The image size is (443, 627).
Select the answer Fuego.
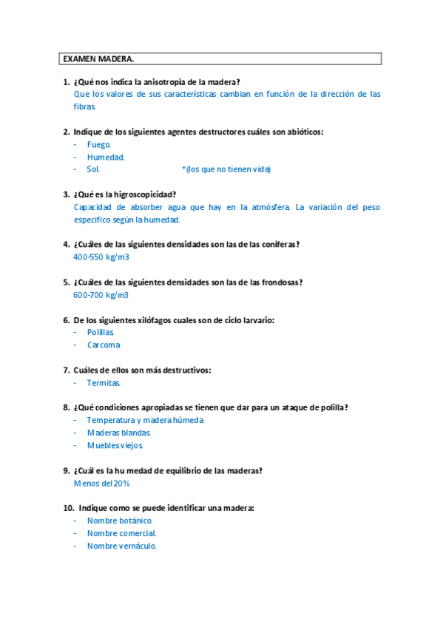98,144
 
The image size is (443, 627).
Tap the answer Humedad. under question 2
105,157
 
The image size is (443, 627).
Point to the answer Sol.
93,169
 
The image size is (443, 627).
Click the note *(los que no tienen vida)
226,169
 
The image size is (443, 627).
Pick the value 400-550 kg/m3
101,257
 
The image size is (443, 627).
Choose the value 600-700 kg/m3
101,295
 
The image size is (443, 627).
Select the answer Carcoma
103,345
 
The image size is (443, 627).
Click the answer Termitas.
104,383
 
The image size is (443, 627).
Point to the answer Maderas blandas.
118,433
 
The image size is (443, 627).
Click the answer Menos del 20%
102,483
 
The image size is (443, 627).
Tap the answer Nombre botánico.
119,521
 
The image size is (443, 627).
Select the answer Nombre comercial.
121,533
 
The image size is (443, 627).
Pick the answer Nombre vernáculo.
121,546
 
